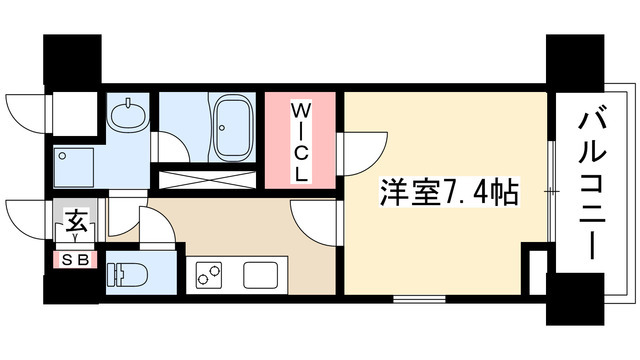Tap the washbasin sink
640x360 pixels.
(x=127, y=117)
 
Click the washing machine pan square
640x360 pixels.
(x=75, y=168)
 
